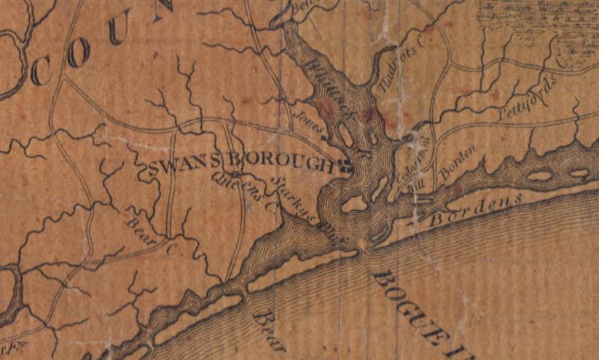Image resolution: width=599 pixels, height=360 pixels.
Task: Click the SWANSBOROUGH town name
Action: [x=240, y=167]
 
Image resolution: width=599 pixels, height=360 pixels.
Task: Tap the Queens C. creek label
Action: [x=246, y=192]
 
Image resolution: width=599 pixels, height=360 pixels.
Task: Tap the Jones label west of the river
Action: [x=309, y=120]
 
